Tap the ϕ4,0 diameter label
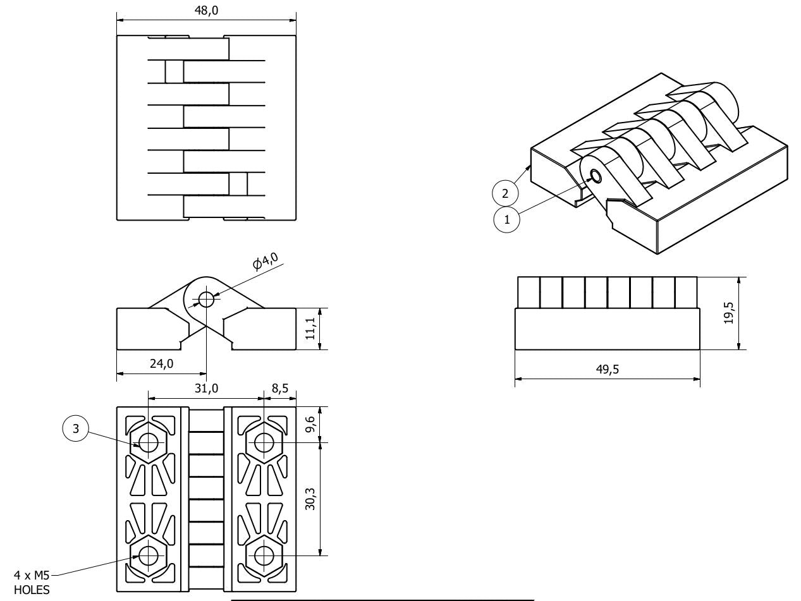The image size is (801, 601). click(x=266, y=260)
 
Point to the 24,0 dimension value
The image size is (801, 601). click(x=161, y=365)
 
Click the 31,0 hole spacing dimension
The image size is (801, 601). click(x=207, y=389)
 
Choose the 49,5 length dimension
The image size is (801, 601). click(x=608, y=370)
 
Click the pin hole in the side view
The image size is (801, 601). click(x=206, y=298)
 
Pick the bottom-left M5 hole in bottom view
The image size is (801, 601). click(x=149, y=555)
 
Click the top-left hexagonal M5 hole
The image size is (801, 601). click(x=149, y=443)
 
